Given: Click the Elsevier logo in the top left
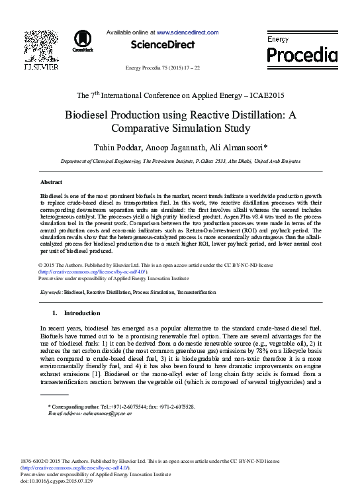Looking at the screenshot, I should pyautogui.click(x=41, y=50).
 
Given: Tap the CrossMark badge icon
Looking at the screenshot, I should pyautogui.click(x=83, y=40).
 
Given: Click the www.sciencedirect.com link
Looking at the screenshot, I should pyautogui.click(x=187, y=32).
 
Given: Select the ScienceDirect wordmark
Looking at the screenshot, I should pyautogui.click(x=163, y=45).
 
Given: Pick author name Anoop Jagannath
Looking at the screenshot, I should pyautogui.click(x=181, y=146).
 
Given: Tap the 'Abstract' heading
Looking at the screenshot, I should pyautogui.click(x=52, y=181).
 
